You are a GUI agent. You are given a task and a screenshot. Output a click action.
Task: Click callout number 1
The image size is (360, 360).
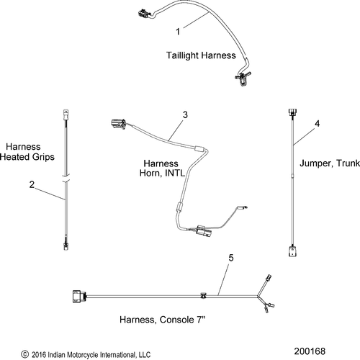pyautogui.click(x=178, y=32)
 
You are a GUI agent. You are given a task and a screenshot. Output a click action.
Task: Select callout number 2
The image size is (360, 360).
pyautogui.click(x=32, y=184)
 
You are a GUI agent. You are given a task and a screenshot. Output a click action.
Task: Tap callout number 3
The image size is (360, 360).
pyautogui.click(x=185, y=114)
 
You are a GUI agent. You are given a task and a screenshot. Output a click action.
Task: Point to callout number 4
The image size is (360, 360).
pyautogui.click(x=318, y=124)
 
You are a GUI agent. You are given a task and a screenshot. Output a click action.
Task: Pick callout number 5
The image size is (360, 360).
pyautogui.click(x=231, y=258)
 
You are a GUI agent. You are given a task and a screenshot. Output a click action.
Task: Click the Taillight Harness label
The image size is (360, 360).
pyautogui.click(x=201, y=55)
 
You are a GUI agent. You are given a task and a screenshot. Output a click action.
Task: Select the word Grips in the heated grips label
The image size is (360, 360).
pyautogui.click(x=43, y=157)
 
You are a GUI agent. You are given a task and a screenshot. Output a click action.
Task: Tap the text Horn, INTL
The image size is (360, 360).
pyautogui.click(x=162, y=173)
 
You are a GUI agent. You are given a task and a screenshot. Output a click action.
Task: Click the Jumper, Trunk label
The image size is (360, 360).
pyautogui.click(x=330, y=163)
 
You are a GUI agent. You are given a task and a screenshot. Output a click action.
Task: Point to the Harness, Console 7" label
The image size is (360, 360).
pyautogui.click(x=163, y=320)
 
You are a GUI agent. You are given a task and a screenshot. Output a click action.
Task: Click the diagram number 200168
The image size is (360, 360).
pyautogui.click(x=310, y=351)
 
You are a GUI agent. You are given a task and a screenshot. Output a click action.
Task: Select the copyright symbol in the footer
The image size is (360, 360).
pyautogui.click(x=24, y=354)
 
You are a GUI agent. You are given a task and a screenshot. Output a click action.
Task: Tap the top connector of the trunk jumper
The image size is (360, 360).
pyautogui.click(x=292, y=112)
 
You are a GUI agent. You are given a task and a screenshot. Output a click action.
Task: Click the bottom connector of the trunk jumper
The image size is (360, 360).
pyautogui.click(x=292, y=251)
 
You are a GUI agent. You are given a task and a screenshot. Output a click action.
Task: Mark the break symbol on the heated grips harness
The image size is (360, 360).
pyautogui.click(x=66, y=178)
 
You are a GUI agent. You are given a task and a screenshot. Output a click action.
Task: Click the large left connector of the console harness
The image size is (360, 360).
pyautogui.click(x=79, y=297)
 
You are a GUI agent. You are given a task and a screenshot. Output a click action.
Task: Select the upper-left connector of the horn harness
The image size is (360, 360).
pyautogui.click(x=118, y=123)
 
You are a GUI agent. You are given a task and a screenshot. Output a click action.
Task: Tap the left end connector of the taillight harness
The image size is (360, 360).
pyautogui.click(x=144, y=13)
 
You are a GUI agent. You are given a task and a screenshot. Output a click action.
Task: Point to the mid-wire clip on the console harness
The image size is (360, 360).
pyautogui.click(x=204, y=296)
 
